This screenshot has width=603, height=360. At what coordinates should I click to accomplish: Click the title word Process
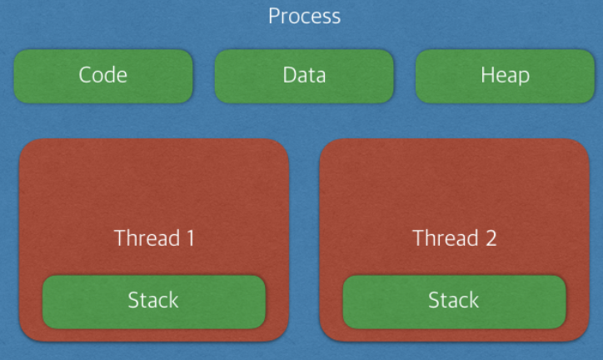(x=305, y=16)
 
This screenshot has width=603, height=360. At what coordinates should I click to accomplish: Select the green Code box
(x=103, y=76)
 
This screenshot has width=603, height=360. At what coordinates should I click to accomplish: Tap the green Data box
(x=304, y=76)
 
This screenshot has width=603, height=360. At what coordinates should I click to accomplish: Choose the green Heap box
(x=505, y=76)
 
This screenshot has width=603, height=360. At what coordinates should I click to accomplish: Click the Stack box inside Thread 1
(x=154, y=302)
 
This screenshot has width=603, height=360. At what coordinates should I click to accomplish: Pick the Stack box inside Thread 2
(x=454, y=302)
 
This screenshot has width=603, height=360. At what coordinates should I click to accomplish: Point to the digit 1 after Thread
(x=191, y=238)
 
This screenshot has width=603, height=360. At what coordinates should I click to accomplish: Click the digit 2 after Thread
(x=491, y=238)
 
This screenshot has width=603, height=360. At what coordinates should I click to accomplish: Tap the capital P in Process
(x=274, y=16)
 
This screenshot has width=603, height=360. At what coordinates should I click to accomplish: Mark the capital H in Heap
(x=487, y=75)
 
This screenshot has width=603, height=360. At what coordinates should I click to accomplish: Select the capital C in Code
(x=86, y=75)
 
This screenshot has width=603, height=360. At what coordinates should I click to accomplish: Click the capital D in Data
(x=290, y=75)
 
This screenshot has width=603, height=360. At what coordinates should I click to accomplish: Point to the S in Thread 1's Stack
(x=133, y=300)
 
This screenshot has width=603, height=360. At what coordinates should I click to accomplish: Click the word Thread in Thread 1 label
(x=147, y=237)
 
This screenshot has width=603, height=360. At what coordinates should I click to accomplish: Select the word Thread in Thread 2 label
(x=446, y=237)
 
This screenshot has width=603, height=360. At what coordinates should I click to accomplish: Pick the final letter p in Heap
(x=524, y=77)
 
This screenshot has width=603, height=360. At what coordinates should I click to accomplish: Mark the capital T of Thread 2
(x=419, y=238)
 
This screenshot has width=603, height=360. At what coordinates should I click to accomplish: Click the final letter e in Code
(x=122, y=77)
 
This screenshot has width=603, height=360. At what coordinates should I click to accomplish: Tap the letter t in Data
(x=311, y=75)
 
